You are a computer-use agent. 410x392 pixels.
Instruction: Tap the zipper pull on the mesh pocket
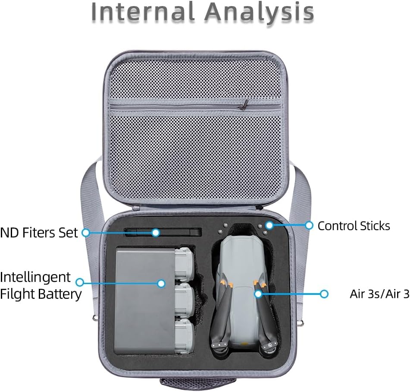(x=245, y=104)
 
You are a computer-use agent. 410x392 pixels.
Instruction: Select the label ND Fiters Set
(x=39, y=233)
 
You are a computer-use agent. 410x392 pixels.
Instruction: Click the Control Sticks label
(x=354, y=226)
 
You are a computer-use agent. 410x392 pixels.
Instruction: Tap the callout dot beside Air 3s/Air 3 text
(x=324, y=294)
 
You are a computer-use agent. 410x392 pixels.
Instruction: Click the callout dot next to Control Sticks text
(x=309, y=225)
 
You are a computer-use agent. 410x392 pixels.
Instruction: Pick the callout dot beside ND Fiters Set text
(x=85, y=233)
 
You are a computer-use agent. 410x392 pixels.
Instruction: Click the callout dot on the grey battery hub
(x=161, y=284)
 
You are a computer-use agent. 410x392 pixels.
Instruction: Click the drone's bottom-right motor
(x=272, y=346)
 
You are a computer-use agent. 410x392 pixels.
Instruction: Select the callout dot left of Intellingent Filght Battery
(x=80, y=282)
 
